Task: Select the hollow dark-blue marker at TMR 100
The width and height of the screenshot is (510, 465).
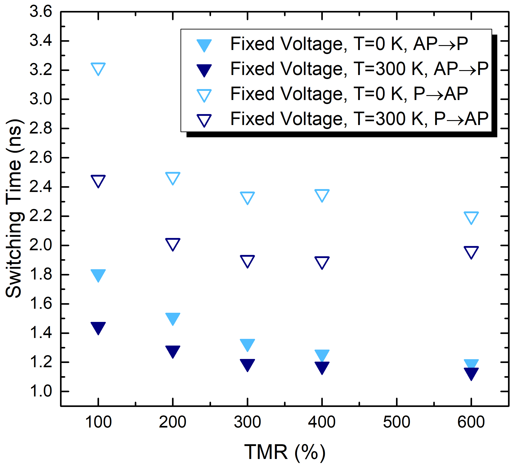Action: pyautogui.click(x=98, y=180)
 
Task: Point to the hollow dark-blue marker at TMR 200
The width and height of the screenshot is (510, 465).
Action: pyautogui.click(x=173, y=244)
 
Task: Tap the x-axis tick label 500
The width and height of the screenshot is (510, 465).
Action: pyautogui.click(x=396, y=422)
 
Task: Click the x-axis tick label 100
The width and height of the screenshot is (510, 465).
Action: pyautogui.click(x=98, y=422)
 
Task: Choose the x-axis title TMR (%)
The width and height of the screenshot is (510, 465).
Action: pyautogui.click(x=285, y=452)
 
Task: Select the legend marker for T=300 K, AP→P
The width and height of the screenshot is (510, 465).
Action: pyautogui.click(x=204, y=70)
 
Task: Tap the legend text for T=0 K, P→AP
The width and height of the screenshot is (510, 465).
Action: pyautogui.click(x=349, y=94)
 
